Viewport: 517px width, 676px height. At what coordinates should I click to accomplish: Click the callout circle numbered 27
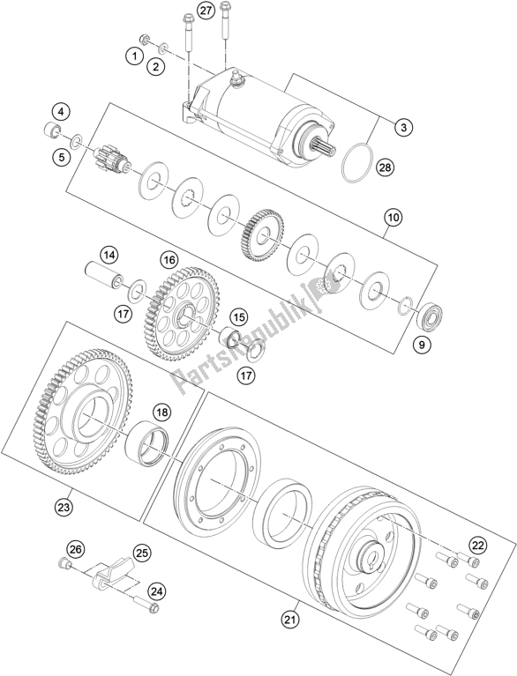click(206, 11)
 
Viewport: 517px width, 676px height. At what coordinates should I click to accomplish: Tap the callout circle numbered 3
click(403, 127)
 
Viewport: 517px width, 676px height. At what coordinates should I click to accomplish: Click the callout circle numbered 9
click(422, 344)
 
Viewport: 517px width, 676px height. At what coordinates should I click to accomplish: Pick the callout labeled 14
click(109, 256)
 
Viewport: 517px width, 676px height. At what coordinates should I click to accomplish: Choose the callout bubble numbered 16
click(169, 260)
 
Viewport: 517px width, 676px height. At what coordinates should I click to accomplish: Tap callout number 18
click(161, 412)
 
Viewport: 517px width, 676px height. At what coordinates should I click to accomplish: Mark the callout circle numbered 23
click(64, 508)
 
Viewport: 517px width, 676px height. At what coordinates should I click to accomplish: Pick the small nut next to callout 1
click(145, 40)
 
